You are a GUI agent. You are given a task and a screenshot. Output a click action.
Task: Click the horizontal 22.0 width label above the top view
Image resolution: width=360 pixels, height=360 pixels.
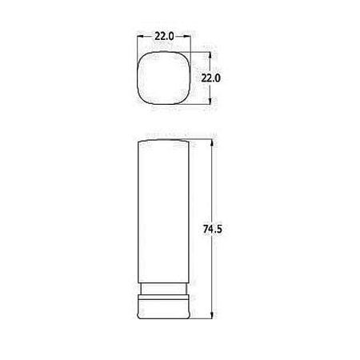click(x=164, y=36)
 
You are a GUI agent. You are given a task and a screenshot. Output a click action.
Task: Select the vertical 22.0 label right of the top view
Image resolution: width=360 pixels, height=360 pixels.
click(x=211, y=78)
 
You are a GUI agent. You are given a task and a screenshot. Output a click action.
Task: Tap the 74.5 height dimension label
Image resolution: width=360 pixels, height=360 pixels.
click(x=212, y=229)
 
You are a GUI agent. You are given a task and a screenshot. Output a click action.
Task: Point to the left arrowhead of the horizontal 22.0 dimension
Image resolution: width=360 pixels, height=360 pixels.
click(x=141, y=36)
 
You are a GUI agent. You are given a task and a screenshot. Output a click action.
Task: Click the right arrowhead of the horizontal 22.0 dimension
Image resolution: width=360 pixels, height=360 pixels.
click(x=187, y=36)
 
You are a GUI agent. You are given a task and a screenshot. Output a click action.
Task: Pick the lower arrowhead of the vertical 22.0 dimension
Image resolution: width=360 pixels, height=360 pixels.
click(x=210, y=100)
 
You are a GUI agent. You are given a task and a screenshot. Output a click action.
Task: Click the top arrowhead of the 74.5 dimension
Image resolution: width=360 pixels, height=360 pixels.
click(x=212, y=143)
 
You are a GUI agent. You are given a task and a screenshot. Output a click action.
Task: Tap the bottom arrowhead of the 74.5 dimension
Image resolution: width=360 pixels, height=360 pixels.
click(x=212, y=314)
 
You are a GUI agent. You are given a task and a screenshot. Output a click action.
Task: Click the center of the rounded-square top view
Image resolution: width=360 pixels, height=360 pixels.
click(x=164, y=78)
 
